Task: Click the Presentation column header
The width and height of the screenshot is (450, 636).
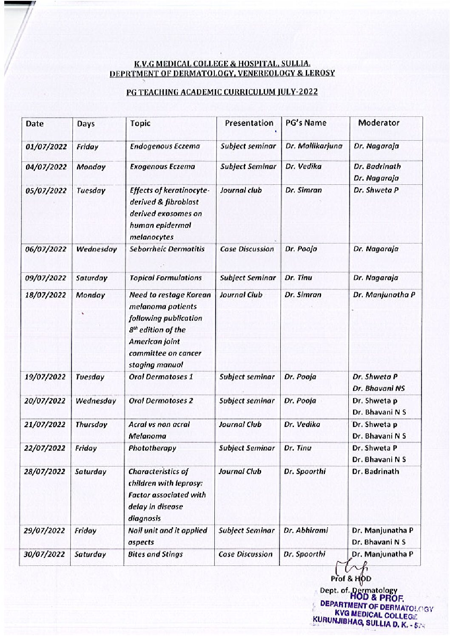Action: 249,123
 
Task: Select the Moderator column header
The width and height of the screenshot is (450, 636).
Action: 379,123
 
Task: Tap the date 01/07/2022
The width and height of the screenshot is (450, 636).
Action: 46,147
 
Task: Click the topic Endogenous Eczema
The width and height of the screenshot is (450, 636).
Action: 165,147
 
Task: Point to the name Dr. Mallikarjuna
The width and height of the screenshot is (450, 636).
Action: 314,147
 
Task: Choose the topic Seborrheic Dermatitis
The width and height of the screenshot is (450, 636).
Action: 167,249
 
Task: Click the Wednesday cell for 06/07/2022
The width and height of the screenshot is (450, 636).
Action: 96,249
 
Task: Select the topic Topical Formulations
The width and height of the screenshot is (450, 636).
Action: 165,278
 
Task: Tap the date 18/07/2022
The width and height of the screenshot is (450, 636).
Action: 46,295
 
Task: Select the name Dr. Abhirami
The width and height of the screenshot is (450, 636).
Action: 306,531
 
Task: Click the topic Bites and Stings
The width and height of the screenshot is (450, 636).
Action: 155,554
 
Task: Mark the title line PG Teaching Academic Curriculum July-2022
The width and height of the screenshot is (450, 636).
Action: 222,92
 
